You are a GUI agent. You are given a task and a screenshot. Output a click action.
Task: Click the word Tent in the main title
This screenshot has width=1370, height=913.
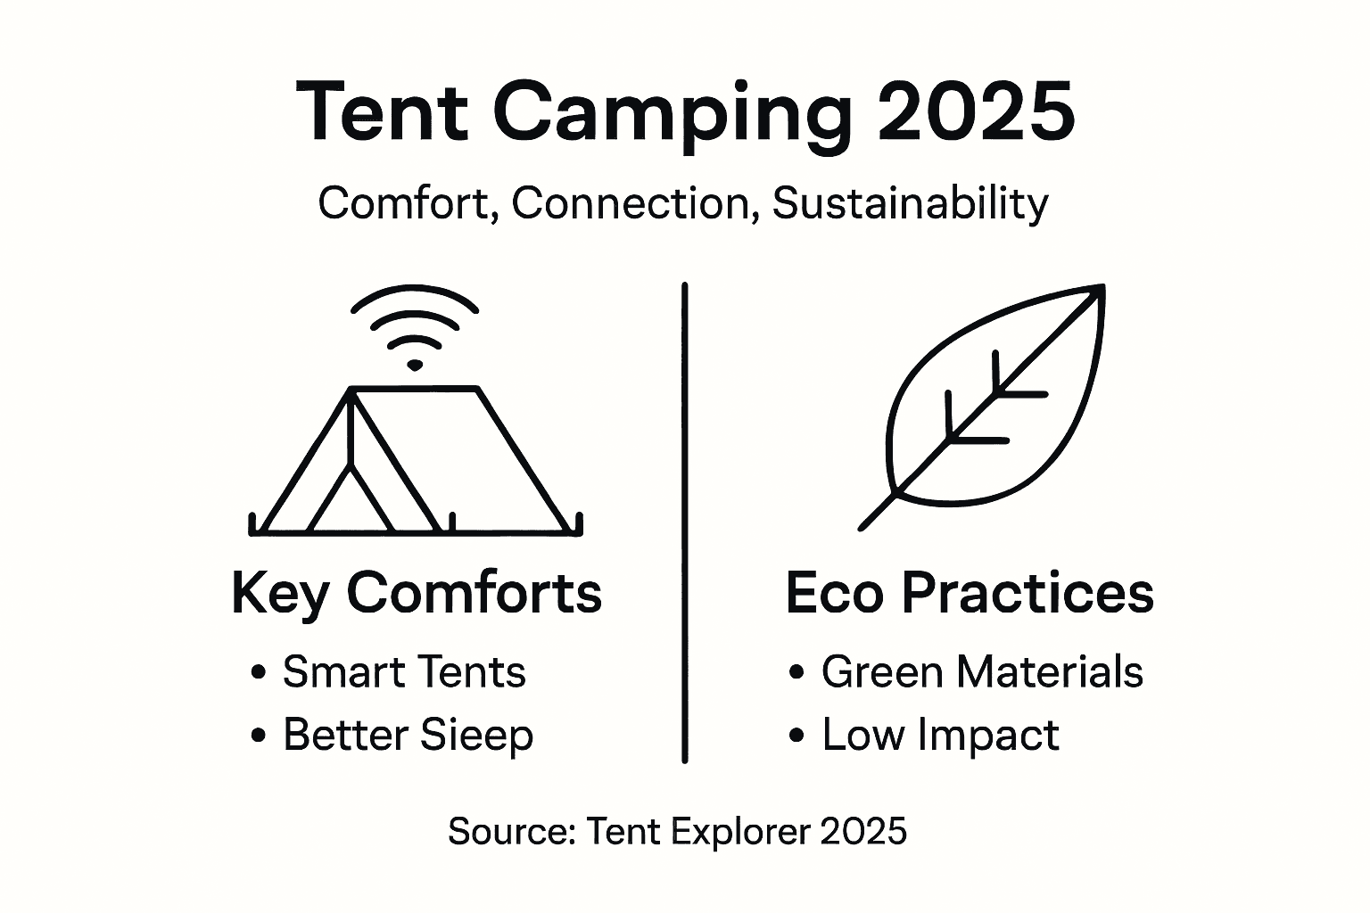tap(382, 112)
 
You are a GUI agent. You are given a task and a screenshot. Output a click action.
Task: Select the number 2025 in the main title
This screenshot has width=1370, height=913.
tap(976, 112)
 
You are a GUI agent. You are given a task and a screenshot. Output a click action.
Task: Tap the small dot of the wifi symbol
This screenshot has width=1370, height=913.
tap(415, 365)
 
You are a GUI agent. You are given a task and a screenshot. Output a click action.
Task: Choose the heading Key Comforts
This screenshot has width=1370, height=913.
tap(417, 593)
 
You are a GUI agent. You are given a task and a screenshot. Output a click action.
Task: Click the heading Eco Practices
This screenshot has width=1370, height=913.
tap(970, 593)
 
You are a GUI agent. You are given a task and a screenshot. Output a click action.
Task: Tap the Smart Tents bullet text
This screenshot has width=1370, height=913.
tap(404, 672)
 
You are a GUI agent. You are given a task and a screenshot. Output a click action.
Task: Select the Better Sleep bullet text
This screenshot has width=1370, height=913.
tap(408, 736)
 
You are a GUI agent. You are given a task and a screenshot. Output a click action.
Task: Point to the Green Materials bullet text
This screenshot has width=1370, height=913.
tap(982, 672)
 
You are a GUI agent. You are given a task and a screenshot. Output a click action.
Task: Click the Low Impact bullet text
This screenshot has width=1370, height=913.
tap(940, 736)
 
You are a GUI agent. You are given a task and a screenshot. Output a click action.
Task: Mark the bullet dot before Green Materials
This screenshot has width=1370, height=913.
tap(797, 673)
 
